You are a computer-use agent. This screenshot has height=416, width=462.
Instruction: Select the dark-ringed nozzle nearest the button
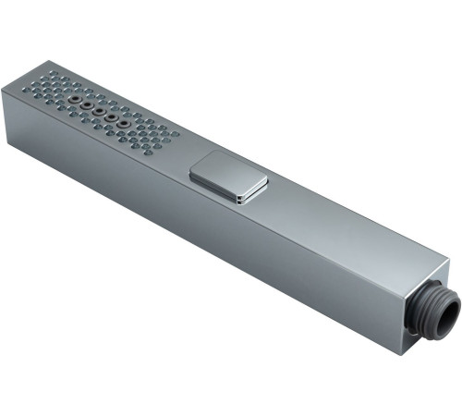point(121,125)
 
